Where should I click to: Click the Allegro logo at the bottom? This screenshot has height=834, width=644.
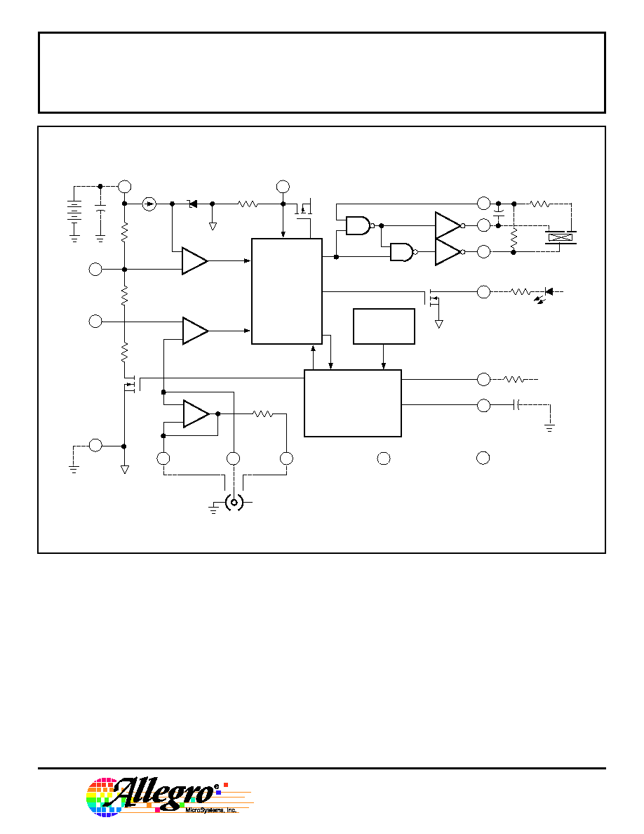169,796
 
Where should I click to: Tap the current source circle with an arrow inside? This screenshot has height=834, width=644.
150,204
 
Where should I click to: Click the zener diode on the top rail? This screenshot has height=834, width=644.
192,204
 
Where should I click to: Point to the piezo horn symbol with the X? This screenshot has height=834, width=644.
561,237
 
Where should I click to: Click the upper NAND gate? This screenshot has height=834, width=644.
359,225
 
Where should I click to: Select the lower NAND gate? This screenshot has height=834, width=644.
403,251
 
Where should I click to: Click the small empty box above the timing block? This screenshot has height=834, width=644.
384,326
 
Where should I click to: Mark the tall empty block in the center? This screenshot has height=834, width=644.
286,291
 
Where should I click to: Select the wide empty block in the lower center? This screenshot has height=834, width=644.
353,403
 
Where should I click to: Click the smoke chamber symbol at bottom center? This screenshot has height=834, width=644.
234,501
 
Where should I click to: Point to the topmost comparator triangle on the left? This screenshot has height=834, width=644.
194,260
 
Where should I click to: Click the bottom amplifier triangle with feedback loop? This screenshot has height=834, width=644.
196,413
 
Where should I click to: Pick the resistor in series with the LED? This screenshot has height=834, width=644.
521,291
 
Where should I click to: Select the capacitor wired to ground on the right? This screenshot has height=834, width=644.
516,405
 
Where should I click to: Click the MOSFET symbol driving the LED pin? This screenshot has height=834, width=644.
433,298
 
